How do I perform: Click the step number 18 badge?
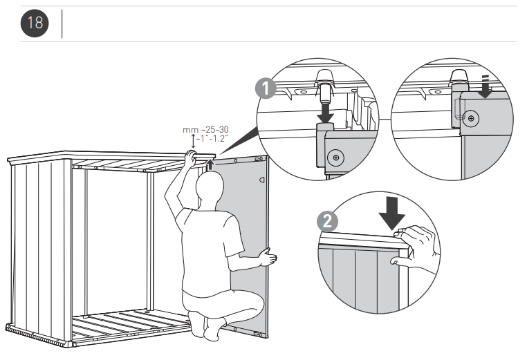[x=35, y=23]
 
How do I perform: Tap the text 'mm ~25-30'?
[x=205, y=129]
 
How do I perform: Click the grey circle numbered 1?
[x=264, y=89]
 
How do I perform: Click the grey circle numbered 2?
[x=326, y=220]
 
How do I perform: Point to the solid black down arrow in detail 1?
[x=324, y=111]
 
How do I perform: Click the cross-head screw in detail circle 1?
[x=335, y=158]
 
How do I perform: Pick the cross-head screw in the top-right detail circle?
[x=470, y=118]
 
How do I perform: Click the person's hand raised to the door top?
[x=190, y=157]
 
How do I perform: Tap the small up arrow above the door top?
[x=209, y=163]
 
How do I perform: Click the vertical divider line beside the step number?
[x=63, y=23]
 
